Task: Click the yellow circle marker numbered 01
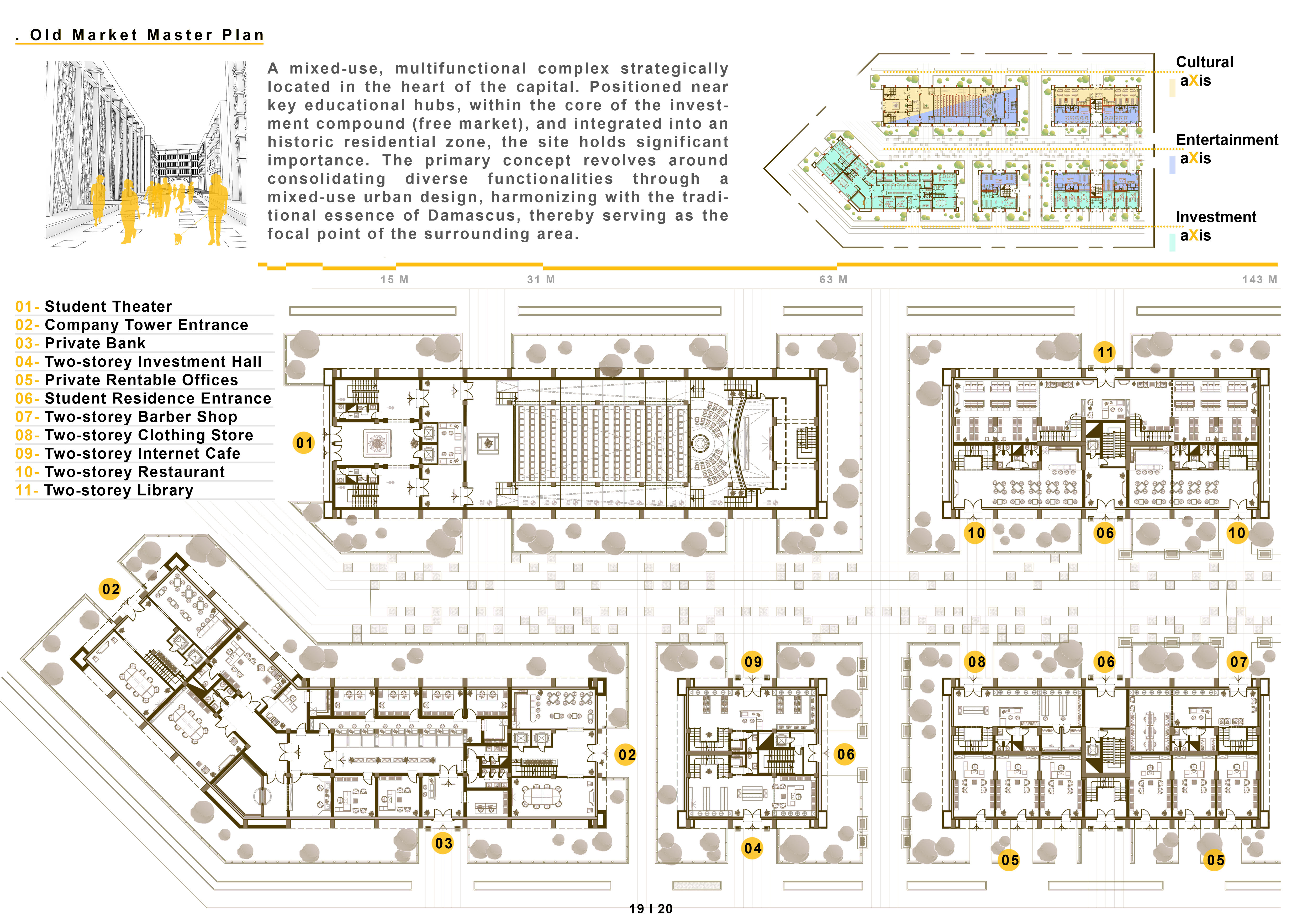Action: pyautogui.click(x=304, y=443)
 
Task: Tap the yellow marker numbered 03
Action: pyautogui.click(x=444, y=843)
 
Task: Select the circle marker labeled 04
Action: pyautogui.click(x=752, y=849)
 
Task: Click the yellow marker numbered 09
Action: pyautogui.click(x=752, y=662)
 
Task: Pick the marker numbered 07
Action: pyautogui.click(x=1238, y=662)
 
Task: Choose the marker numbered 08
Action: pyautogui.click(x=976, y=662)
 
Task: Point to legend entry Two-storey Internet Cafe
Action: pyautogui.click(x=142, y=454)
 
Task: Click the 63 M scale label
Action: pyautogui.click(x=833, y=280)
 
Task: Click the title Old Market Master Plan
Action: pyautogui.click(x=146, y=35)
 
